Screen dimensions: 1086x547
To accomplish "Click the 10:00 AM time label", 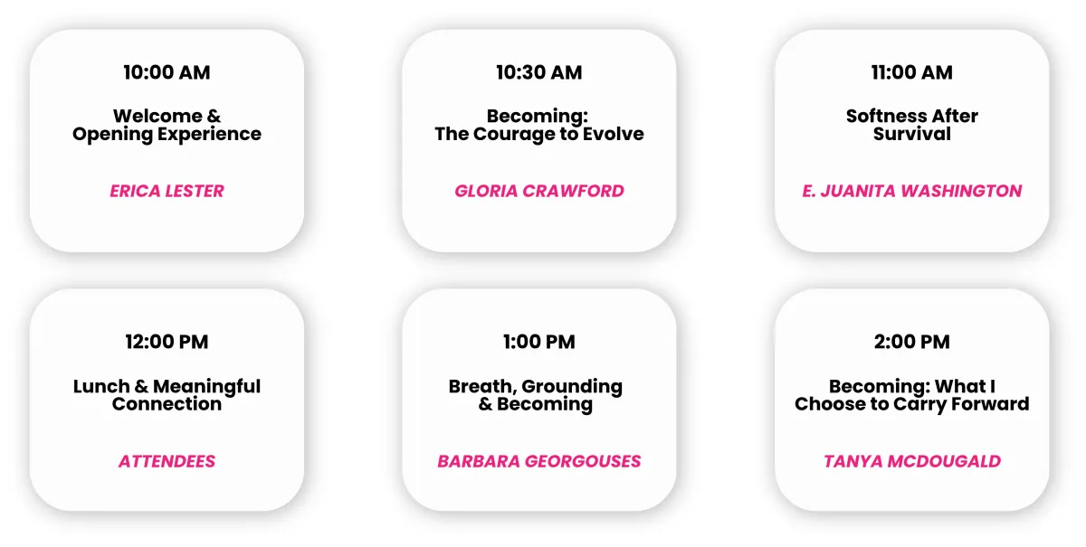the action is pos(167,72).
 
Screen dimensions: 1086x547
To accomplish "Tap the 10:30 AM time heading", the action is pos(539,72).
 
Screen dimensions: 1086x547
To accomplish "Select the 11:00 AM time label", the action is pos(912,72).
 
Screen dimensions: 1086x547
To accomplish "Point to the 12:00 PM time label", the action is pos(167,342).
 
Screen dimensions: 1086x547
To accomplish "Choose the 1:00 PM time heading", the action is pos(539,342).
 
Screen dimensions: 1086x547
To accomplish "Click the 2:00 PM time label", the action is pos(912,342).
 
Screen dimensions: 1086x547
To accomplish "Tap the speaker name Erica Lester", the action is pos(167,191).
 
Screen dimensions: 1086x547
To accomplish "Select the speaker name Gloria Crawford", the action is pos(539,191).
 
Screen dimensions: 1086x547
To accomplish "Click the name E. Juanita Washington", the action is pos(912,191).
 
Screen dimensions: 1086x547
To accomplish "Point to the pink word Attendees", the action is pos(167,461).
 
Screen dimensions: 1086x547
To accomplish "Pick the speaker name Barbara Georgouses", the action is pos(539,461).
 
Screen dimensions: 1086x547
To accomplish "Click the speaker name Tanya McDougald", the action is pos(912,461).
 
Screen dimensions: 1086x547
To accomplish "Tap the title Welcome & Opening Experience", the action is pos(167,126).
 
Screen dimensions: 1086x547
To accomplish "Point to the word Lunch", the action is pos(101,387).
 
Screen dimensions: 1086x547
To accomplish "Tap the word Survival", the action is pos(912,134).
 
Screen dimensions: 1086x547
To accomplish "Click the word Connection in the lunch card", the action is pos(167,404).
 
